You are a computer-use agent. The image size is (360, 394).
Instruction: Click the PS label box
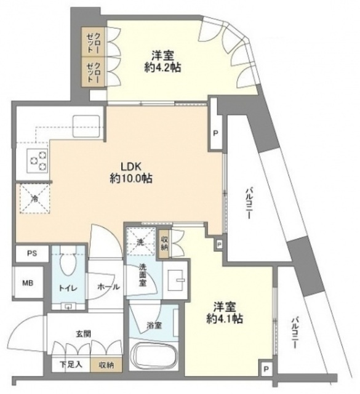click(x=30, y=252)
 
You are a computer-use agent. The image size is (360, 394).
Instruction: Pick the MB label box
click(x=28, y=283)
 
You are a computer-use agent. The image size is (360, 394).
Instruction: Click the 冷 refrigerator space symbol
click(x=33, y=199)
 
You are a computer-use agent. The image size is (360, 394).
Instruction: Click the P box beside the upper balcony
click(x=215, y=132)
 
